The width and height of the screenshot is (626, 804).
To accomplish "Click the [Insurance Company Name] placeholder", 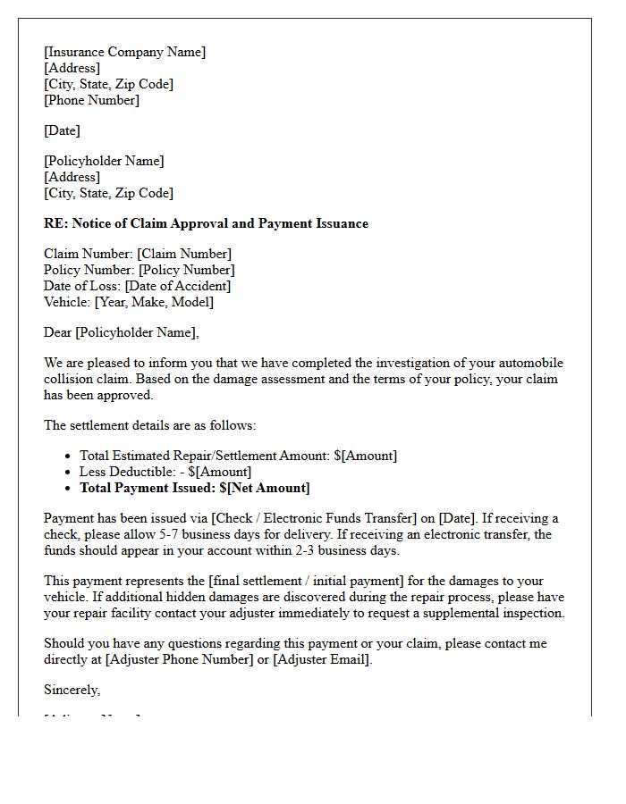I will tap(124, 52).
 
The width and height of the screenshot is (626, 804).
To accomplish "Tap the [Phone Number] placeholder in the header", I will tap(91, 100).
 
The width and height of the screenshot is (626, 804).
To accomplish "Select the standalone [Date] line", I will tap(62, 130).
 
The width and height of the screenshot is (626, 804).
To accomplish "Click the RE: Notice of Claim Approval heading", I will tap(206, 223).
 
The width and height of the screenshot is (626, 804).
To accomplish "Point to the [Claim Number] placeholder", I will tap(184, 254).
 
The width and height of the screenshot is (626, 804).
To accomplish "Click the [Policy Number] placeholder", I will tap(186, 270).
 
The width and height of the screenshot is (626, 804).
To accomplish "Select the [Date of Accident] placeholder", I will tap(177, 286).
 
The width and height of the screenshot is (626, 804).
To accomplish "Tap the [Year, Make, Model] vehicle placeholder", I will tap(154, 302).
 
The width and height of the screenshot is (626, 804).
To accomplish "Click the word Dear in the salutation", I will tap(58, 332).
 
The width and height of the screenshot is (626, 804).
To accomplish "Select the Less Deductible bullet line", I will tap(165, 472).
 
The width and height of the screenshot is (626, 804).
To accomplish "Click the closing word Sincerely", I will tap(72, 690).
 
